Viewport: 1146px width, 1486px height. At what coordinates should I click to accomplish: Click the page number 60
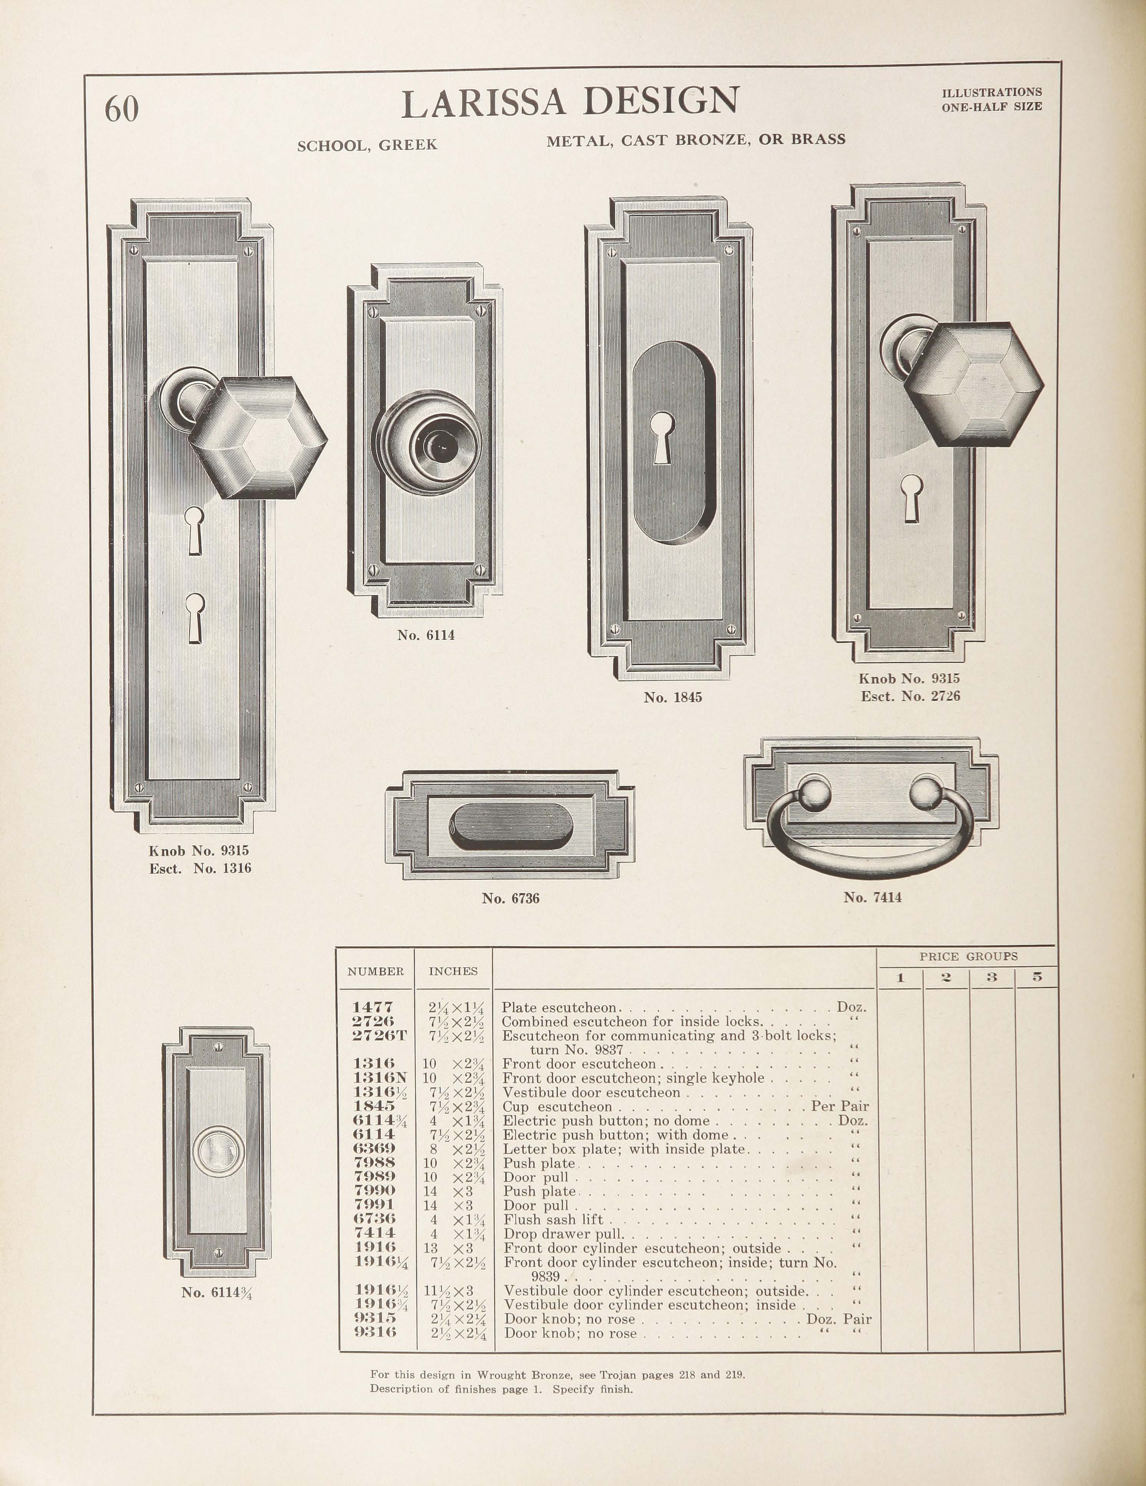coord(122,109)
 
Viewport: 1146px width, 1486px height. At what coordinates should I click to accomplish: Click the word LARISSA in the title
coord(483,102)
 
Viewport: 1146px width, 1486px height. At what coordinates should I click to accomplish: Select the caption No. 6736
coord(511,898)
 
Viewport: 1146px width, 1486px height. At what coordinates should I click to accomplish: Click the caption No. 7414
coord(872,897)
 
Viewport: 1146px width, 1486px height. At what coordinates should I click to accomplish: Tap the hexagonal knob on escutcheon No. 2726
coord(975,385)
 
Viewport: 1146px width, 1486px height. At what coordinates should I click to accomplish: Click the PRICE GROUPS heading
coord(969,956)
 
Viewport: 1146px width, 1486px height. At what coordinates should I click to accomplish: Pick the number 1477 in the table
coord(373,1007)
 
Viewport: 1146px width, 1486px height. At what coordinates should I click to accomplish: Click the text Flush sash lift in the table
coord(552,1219)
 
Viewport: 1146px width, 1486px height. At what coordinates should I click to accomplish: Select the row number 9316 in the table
coord(375,1332)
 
